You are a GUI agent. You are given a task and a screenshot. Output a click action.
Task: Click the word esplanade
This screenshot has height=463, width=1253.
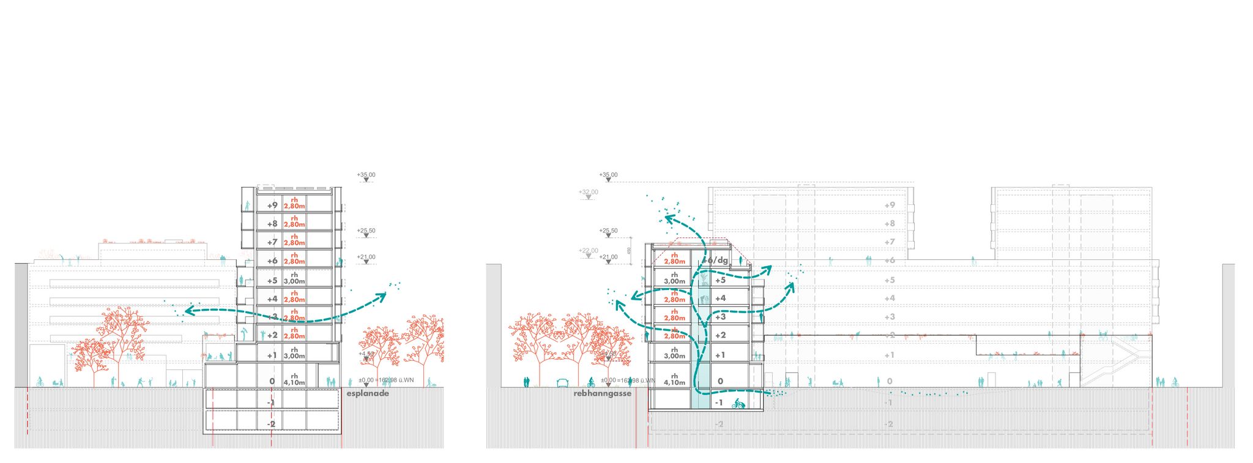[368, 394]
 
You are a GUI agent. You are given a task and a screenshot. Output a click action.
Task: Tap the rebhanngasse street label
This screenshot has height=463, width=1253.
[602, 394]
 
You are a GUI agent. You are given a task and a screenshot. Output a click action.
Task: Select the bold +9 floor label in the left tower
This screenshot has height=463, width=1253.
[272, 206]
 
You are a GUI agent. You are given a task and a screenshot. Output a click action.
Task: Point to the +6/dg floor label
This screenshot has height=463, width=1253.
[716, 260]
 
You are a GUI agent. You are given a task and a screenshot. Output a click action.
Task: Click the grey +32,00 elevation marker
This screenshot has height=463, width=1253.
[589, 192]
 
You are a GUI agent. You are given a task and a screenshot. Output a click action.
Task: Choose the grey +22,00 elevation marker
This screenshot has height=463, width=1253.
[589, 251]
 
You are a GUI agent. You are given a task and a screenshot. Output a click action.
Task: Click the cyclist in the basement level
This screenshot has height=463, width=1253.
[738, 404]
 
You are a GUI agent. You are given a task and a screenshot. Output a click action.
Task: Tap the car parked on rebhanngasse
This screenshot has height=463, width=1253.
[562, 383]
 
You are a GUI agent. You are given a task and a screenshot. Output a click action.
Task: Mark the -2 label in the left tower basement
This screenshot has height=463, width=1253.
[271, 424]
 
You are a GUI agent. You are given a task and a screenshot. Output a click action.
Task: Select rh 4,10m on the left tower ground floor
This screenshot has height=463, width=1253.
[294, 380]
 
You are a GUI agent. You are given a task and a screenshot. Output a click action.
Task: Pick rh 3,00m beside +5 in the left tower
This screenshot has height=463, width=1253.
[294, 278]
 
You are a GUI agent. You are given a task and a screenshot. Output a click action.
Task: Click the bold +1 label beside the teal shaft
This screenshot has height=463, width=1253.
[720, 355]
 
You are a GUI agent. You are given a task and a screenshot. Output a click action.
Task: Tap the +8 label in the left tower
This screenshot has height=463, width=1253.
[272, 224]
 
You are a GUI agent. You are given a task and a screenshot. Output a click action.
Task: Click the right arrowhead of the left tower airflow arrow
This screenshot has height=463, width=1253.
[384, 296]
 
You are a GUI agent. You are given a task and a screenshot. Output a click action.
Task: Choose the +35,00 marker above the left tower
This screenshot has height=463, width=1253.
[366, 175]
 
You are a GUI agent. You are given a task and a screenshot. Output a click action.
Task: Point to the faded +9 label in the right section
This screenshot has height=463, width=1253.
[889, 206]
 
